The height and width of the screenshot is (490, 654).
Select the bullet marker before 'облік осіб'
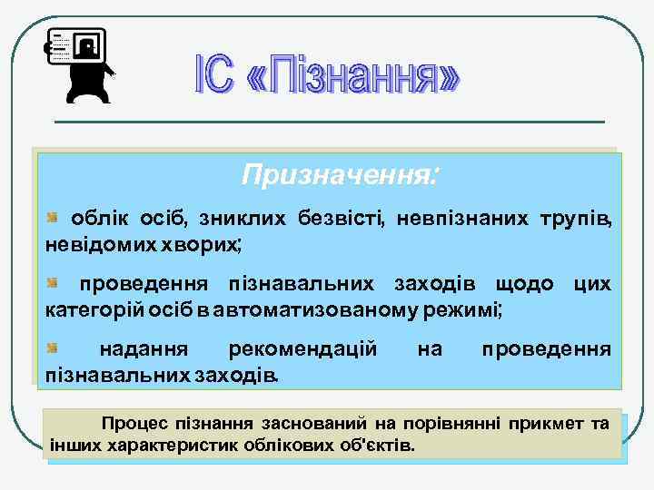click(x=54, y=218)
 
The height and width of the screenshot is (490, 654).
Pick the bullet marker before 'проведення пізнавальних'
click(x=54, y=284)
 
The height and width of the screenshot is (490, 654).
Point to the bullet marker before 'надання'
click(x=54, y=348)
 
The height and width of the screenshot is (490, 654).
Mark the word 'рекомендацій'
click(x=303, y=349)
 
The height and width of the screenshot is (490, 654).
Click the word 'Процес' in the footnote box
click(x=131, y=424)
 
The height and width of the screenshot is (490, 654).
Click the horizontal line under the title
click(x=329, y=122)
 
